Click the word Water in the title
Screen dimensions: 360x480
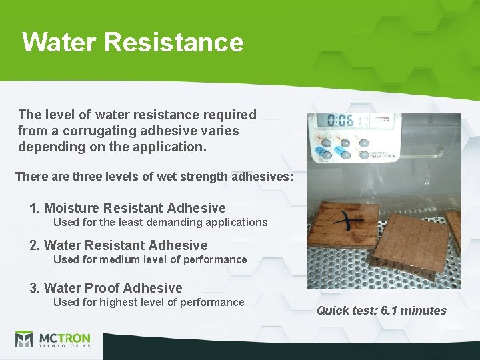pyautogui.click(x=59, y=42)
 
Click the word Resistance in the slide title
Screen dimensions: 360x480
pyautogui.click(x=174, y=42)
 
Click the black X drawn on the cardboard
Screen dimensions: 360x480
pyautogui.click(x=351, y=223)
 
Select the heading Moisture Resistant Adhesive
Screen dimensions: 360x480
pyautogui.click(x=127, y=208)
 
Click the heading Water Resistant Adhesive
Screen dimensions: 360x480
pyautogui.click(x=119, y=245)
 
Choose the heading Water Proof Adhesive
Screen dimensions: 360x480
pyautogui.click(x=106, y=288)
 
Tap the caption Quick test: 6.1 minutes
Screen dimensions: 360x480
pyautogui.click(x=381, y=310)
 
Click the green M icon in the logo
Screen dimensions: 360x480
pyautogui.click(x=24, y=339)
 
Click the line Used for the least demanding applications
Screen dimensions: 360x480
pyautogui.click(x=160, y=222)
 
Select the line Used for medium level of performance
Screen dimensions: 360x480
pyautogui.click(x=150, y=259)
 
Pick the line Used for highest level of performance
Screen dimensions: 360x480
pyautogui.click(x=149, y=302)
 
